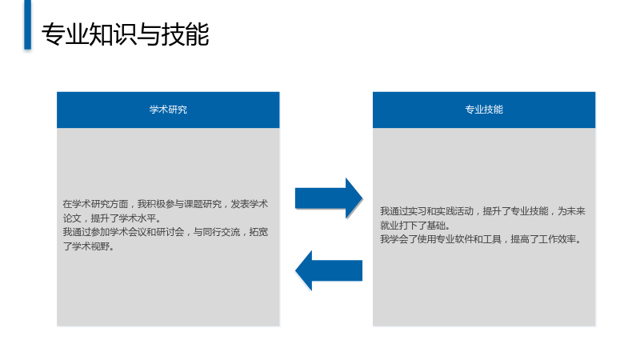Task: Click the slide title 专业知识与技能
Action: click(x=126, y=34)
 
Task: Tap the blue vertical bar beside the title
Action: click(x=27, y=25)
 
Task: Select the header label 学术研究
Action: click(x=168, y=110)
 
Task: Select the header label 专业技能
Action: click(x=484, y=110)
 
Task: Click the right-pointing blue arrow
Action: click(x=329, y=198)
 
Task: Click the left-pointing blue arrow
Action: click(x=329, y=270)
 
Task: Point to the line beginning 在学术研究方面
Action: click(x=166, y=204)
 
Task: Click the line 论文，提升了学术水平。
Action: click(x=112, y=218)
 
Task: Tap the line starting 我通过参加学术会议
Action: click(x=166, y=232)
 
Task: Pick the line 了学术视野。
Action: click(x=89, y=246)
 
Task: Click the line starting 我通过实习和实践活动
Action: click(x=483, y=211)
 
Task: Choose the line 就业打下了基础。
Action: click(x=415, y=226)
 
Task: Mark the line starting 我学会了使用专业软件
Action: click(x=481, y=239)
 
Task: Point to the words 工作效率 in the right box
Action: click(x=558, y=239)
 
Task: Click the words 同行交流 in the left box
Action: click(x=222, y=232)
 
